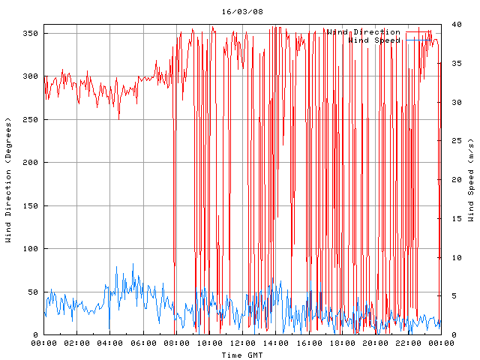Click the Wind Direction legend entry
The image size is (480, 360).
[363, 32]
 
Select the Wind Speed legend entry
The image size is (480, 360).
[375, 40]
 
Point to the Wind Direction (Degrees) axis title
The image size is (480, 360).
[8, 180]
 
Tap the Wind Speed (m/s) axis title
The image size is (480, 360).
[471, 180]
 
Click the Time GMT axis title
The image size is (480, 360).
[241, 354]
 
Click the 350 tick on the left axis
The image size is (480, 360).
[30, 34]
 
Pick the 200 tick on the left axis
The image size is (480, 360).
[30, 163]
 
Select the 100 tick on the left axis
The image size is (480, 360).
[30, 249]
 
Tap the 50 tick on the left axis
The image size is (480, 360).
[32, 292]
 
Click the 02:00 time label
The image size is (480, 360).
[77, 343]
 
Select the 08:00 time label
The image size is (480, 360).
[176, 343]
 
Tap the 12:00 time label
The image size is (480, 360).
[242, 343]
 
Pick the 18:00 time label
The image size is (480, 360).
[342, 343]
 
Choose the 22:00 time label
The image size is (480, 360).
[408, 343]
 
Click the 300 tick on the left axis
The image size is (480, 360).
[30, 76]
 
